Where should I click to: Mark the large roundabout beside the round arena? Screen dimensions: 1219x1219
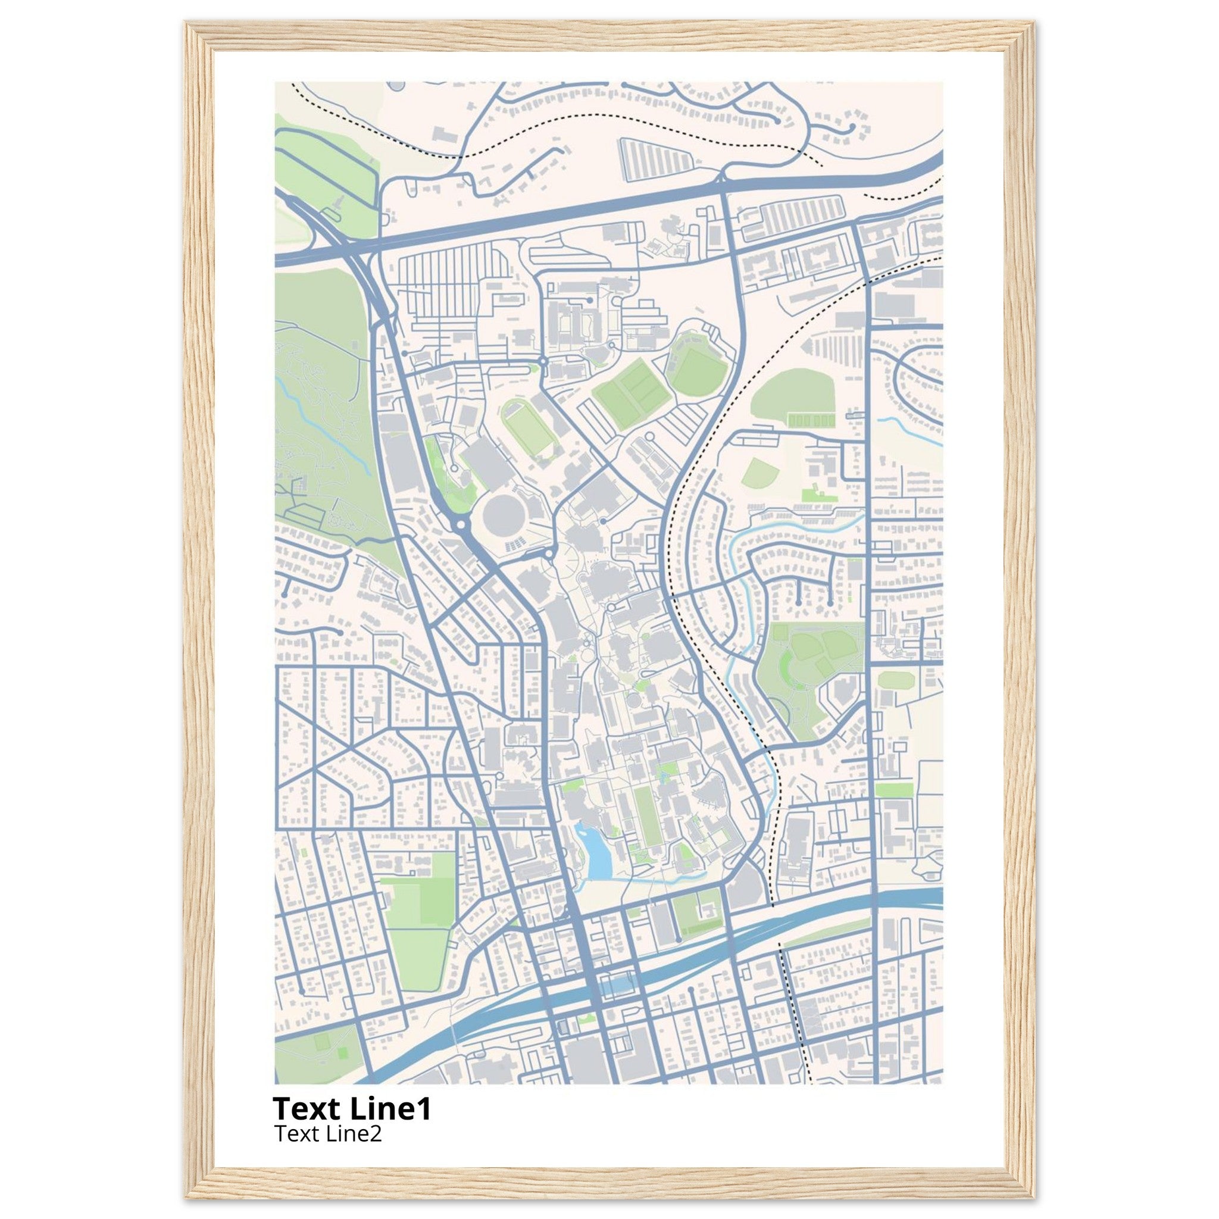click(x=460, y=524)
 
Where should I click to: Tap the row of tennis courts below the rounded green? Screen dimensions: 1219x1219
click(x=811, y=420)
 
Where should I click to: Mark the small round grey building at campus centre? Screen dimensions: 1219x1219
click(x=632, y=701)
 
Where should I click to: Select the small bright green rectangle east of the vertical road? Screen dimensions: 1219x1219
click(x=893, y=789)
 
